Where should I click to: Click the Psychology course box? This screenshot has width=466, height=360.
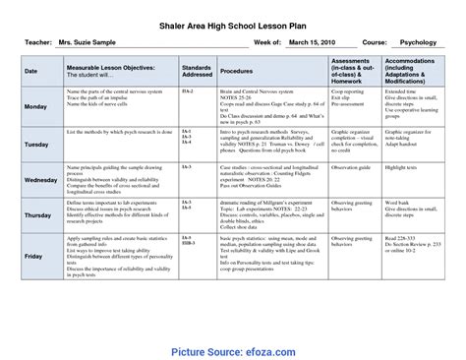point(415,42)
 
